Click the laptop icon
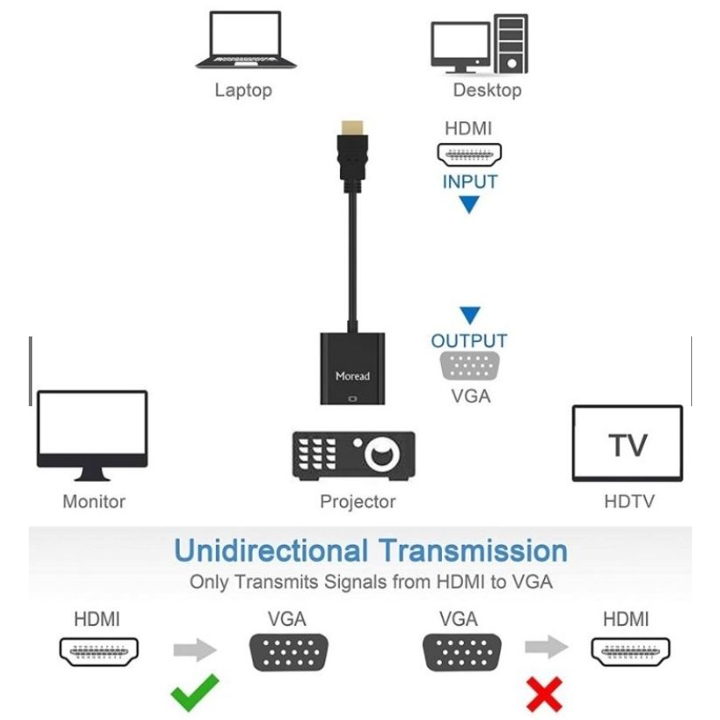[246, 40]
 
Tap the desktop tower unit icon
[511, 44]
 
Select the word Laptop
[243, 90]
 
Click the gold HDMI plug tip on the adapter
[352, 127]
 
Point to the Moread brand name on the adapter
[352, 376]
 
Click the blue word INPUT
[470, 182]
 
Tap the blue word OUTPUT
[469, 341]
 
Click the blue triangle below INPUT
[469, 204]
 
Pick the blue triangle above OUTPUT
[470, 316]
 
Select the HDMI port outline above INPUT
[469, 155]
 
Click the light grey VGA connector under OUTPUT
[469, 366]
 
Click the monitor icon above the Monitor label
[92, 435]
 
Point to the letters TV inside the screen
[628, 445]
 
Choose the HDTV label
[629, 501]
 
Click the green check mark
[194, 693]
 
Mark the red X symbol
[545, 694]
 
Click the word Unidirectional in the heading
[271, 551]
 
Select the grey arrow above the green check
[195, 649]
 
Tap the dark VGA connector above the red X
[462, 653]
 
